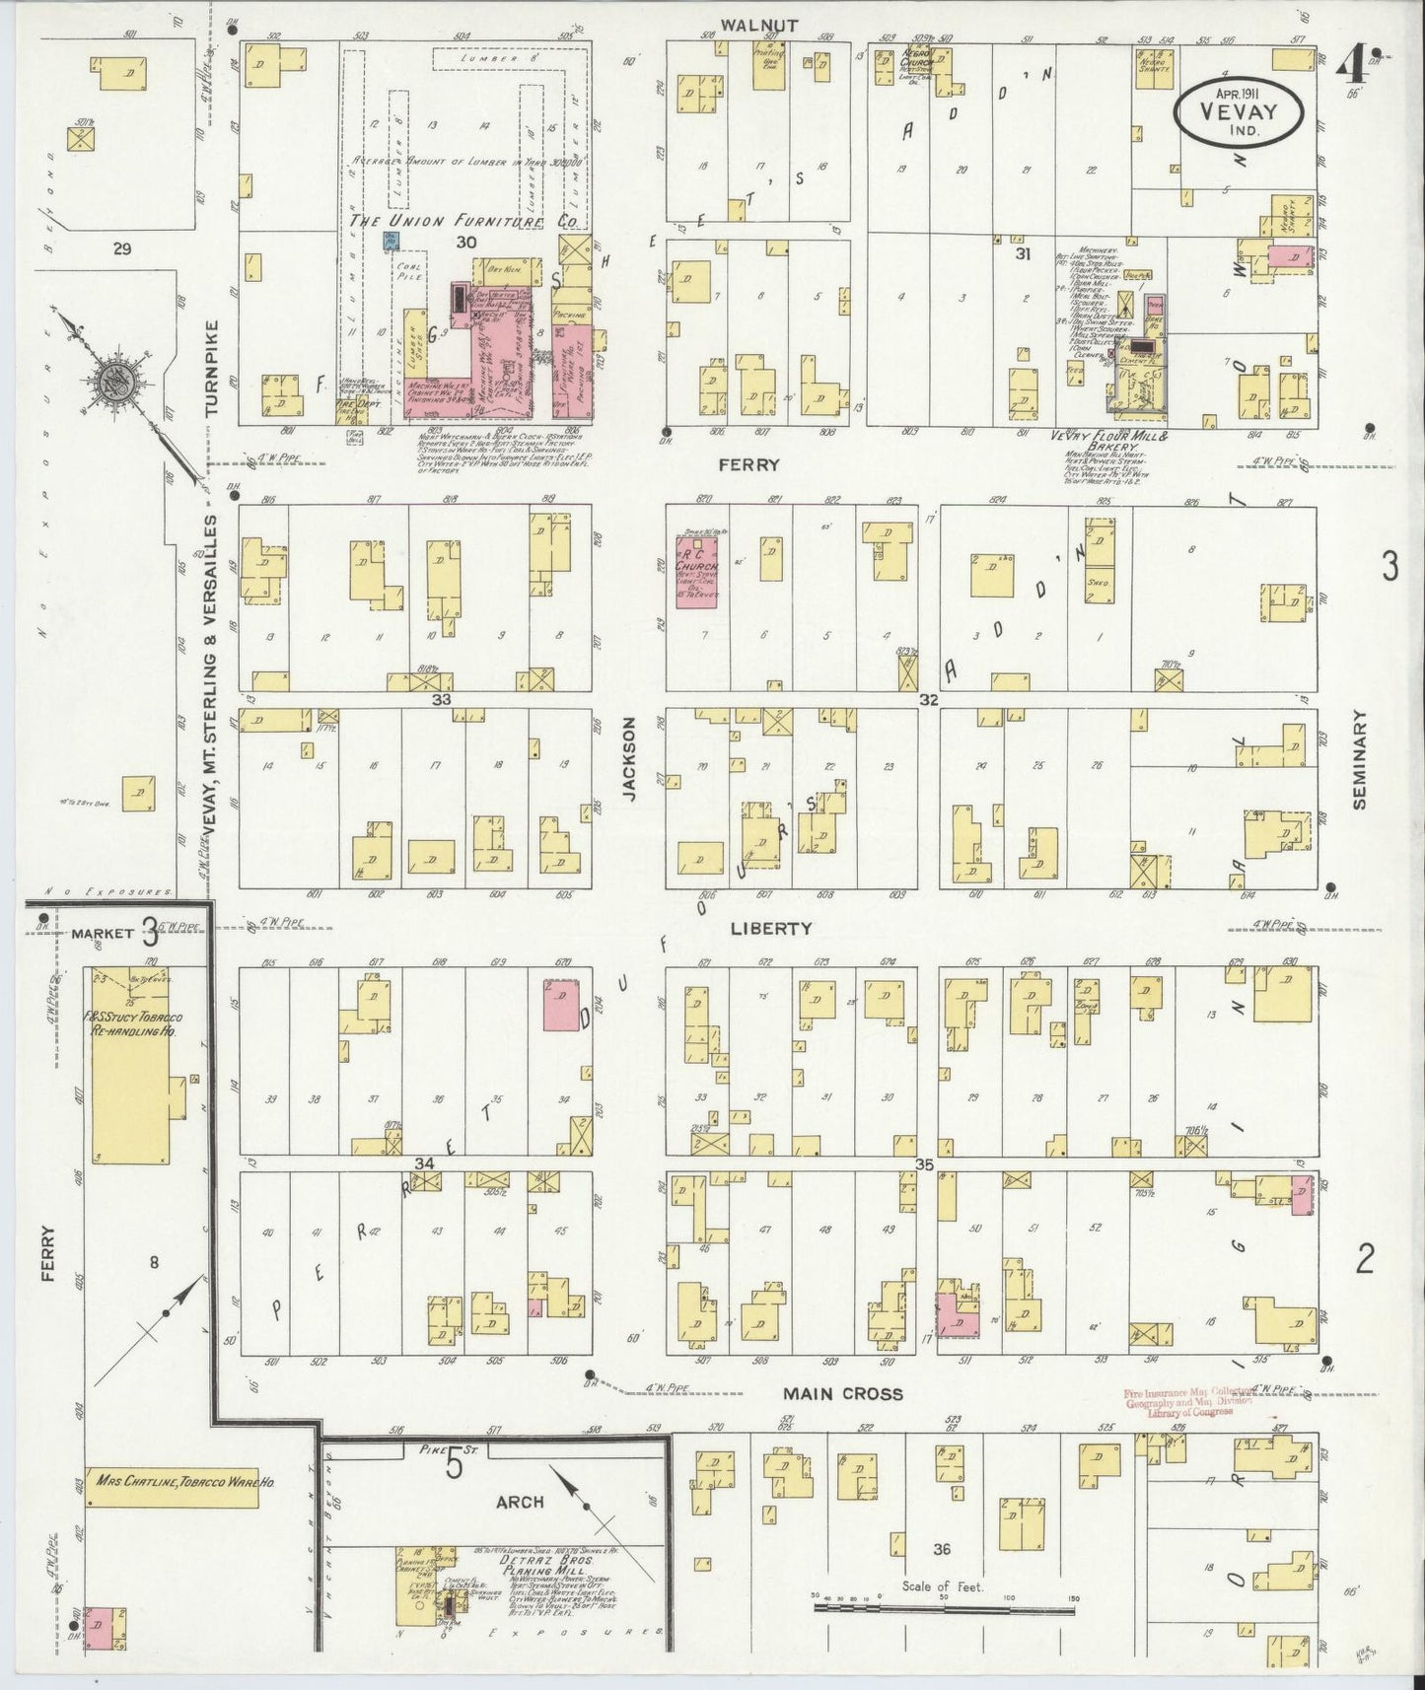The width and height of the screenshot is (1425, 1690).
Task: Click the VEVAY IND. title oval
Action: click(x=1240, y=112)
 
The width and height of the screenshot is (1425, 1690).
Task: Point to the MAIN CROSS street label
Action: click(x=843, y=1393)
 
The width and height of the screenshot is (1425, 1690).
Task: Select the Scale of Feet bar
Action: click(x=943, y=1608)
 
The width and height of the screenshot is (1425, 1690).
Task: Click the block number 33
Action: click(x=441, y=699)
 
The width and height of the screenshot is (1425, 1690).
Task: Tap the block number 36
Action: click(x=942, y=1549)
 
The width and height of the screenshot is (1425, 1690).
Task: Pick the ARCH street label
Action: click(x=521, y=1502)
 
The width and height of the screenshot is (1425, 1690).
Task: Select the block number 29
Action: click(x=122, y=249)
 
